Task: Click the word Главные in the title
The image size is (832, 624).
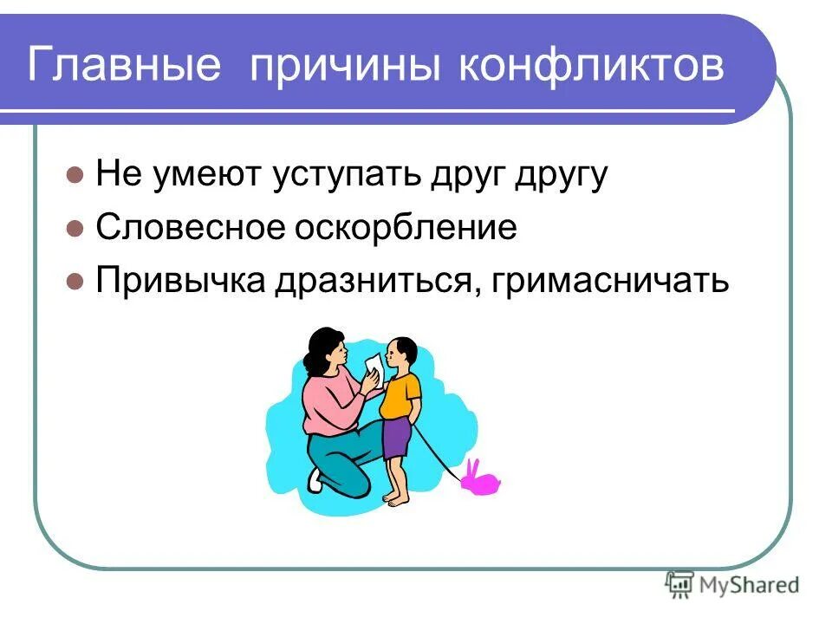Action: (126, 67)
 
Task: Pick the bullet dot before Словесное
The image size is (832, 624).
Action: (75, 230)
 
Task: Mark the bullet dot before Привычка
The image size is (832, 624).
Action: (75, 282)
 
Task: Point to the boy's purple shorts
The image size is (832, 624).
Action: (397, 438)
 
